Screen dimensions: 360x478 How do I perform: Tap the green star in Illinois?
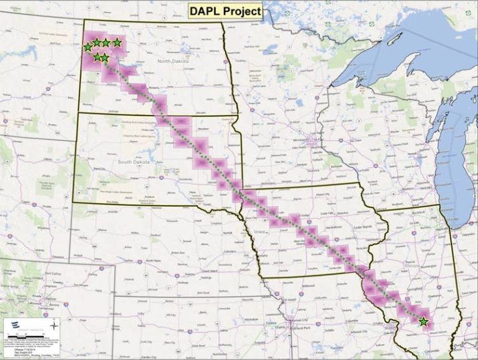point(423,322)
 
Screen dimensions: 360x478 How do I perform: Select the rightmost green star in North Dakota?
point(117,43)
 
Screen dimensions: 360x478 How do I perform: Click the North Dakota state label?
point(173,61)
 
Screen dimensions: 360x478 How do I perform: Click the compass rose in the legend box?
point(55,327)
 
